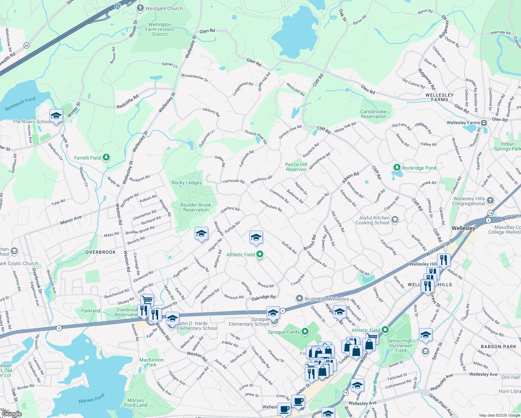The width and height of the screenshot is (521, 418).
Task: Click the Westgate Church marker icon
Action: tap(140, 8)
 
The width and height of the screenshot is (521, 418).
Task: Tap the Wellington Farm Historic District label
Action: tap(160, 30)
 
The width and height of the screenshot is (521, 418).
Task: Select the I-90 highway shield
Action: tap(117, 6)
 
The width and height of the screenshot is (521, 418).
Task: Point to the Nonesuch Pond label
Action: tap(20, 104)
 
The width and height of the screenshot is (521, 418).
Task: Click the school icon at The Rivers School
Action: tap(56, 115)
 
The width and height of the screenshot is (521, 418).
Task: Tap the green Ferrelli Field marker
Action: tap(106, 158)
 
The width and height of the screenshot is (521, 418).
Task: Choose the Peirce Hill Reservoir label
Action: tap(296, 167)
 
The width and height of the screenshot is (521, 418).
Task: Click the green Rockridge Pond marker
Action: tap(397, 168)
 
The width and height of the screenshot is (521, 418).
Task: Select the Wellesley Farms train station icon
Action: tap(484, 123)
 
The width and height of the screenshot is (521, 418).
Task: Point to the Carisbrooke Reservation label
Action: tap(373, 114)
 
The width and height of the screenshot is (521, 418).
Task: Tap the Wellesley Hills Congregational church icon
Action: tap(490, 200)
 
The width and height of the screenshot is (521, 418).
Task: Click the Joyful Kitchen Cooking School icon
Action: tap(395, 219)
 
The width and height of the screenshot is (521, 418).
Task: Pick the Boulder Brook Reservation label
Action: tap(196, 207)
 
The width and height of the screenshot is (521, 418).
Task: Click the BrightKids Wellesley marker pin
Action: tap(299, 299)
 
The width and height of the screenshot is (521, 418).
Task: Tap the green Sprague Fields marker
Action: tap(305, 332)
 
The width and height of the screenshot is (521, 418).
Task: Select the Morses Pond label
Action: tap(91, 398)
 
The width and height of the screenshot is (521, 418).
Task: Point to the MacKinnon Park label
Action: tap(151, 362)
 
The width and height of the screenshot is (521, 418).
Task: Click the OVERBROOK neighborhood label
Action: tap(101, 252)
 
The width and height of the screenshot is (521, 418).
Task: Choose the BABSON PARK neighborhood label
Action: tap(498, 347)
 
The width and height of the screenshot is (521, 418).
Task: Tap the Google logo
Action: tap(11, 414)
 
